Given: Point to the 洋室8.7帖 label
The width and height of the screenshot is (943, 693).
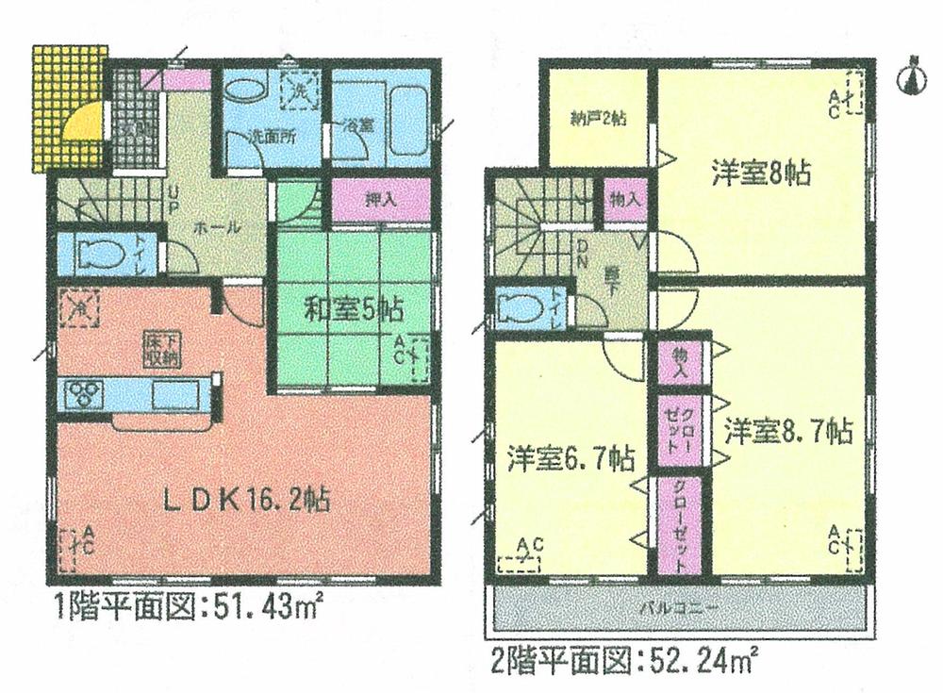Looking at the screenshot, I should coord(788,433).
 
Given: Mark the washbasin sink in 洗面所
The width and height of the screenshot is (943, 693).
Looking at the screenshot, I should coord(246,92).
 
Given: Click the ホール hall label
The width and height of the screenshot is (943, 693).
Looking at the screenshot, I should coord(220,227).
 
